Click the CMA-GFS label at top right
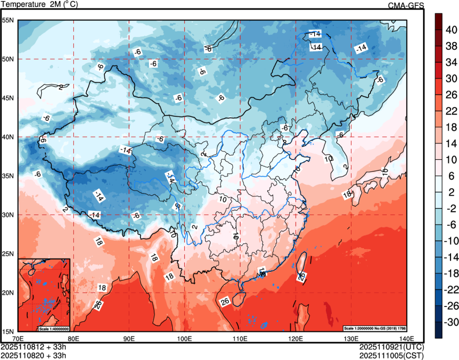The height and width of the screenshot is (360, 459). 406,5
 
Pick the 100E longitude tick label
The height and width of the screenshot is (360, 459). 184,339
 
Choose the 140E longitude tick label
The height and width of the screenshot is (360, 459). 407,339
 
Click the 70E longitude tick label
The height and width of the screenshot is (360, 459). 18,339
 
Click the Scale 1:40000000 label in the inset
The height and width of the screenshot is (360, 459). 53,328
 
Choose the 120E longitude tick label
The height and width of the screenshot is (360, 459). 295,339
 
